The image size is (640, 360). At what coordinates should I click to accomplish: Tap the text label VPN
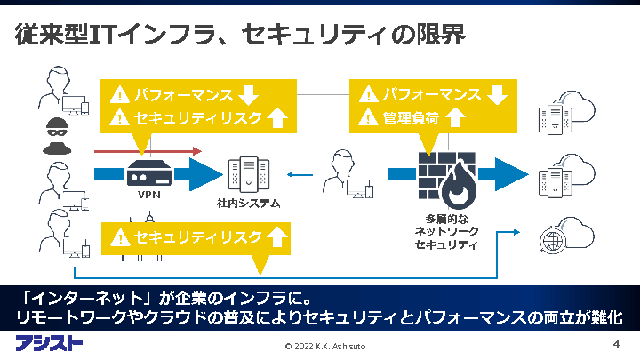point(148,195)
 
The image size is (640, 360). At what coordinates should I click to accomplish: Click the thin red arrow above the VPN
point(148,150)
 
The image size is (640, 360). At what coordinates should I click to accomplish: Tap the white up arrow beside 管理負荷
point(455,117)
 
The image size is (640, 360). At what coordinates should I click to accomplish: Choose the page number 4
point(616,343)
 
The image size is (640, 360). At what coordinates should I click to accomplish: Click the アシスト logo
point(49,343)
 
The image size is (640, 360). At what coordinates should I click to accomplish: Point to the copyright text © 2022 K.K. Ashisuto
point(331,346)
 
